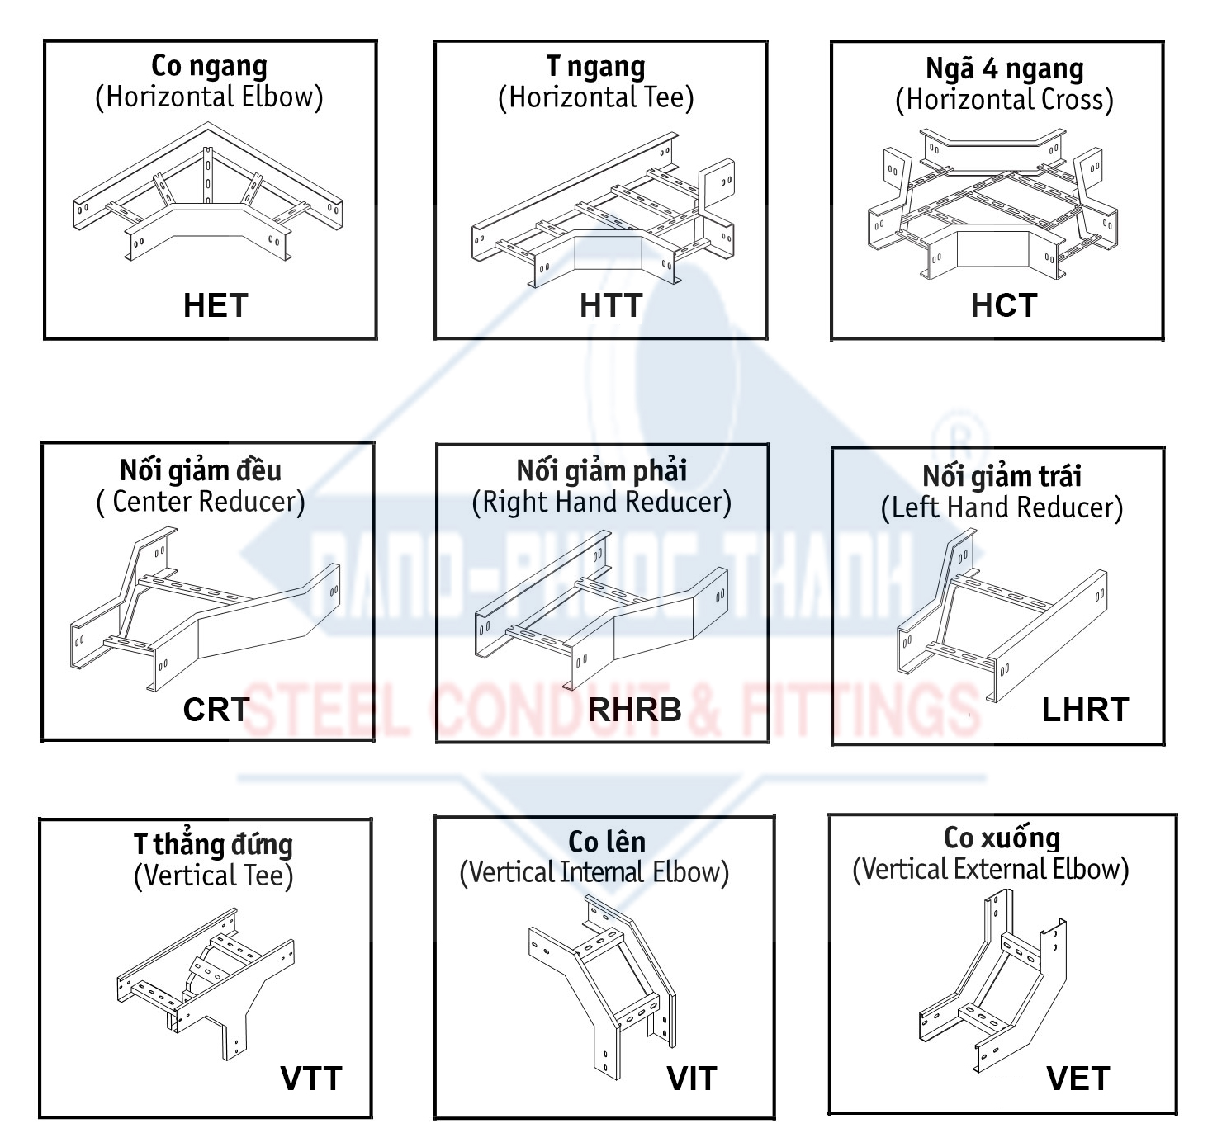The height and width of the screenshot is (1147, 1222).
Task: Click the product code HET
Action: point(216,305)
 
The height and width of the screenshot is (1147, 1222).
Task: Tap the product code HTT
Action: point(611,305)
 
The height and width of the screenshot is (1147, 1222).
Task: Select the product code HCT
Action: point(1004,305)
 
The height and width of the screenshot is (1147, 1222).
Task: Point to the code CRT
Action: point(216,710)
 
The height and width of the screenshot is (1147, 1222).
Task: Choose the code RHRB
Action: point(634,710)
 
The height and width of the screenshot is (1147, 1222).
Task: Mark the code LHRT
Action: point(1086,710)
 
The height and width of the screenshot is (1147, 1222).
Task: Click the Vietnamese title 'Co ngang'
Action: point(209,66)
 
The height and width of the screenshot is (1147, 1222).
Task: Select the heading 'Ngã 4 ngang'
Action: point(1005,68)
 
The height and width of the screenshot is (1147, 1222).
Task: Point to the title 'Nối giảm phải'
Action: point(602,470)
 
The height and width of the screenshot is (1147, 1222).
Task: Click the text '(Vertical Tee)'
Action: point(213,876)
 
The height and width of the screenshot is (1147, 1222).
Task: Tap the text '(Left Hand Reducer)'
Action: point(1002,507)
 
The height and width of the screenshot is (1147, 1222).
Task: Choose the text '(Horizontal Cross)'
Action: point(1004,100)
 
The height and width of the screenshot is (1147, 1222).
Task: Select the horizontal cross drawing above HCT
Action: point(992,203)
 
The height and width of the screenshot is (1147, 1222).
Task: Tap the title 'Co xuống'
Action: point(1002,838)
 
